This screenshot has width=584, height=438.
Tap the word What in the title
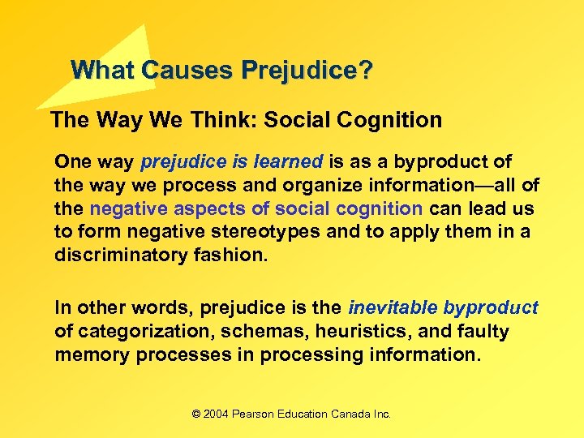point(103,71)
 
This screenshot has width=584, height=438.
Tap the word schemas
point(251,332)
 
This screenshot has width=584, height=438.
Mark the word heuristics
point(341,332)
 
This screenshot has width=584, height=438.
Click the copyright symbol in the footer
point(195,414)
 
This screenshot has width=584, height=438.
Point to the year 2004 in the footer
point(216,414)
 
